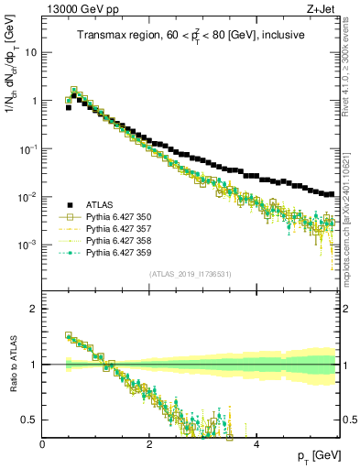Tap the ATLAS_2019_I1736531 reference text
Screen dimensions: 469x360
point(191,275)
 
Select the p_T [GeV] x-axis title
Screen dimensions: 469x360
point(317,455)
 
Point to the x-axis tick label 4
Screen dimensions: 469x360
point(256,444)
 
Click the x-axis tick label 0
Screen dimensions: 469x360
point(42,444)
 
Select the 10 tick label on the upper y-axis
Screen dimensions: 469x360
point(30,52)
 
